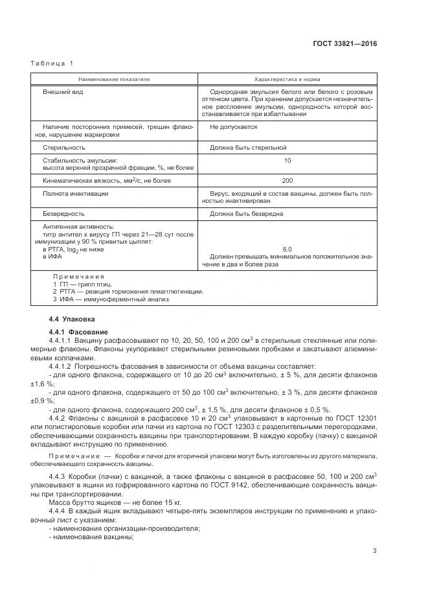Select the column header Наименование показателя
pyautogui.click(x=114, y=78)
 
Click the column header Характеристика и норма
pyautogui.click(x=286, y=78)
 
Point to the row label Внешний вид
pyautogui.click(x=63, y=92)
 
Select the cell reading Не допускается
pyautogui.click(x=234, y=127)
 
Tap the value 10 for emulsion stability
pyautogui.click(x=287, y=160)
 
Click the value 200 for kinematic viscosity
pyautogui.click(x=287, y=180)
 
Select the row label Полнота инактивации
pyautogui.click(x=75, y=193)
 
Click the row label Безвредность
pyautogui.click(x=63, y=213)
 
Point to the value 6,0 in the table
pyautogui.click(x=287, y=249)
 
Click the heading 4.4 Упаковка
pyautogui.click(x=72, y=320)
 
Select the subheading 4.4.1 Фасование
pyautogui.click(x=76, y=332)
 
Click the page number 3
pyautogui.click(x=374, y=551)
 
